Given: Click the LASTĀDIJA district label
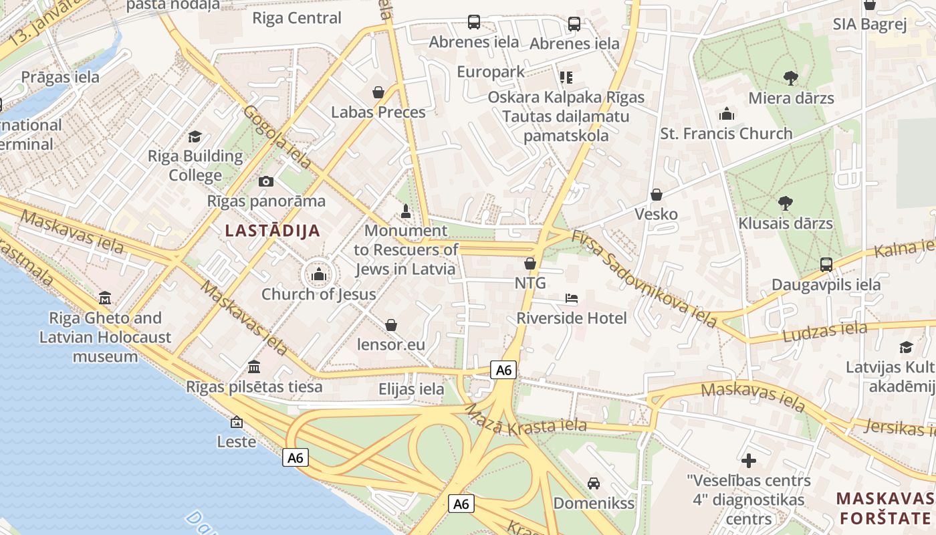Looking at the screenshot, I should [x=272, y=231].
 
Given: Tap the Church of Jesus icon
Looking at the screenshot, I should [x=319, y=274].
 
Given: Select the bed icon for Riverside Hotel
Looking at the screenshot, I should [x=571, y=298].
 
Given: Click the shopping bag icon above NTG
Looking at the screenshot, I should [x=530, y=263].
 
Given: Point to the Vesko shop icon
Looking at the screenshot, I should [x=657, y=195].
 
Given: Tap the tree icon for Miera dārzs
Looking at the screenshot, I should [x=791, y=78].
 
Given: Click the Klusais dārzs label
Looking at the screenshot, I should [x=786, y=223].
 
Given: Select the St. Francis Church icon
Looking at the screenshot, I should [x=727, y=114].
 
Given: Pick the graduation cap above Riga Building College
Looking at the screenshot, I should [x=195, y=136].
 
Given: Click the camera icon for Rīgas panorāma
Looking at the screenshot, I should [x=266, y=181].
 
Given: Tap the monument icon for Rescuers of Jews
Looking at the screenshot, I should [x=405, y=211].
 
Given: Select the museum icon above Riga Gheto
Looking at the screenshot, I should [x=105, y=298].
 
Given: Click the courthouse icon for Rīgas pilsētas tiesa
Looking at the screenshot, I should [x=254, y=366].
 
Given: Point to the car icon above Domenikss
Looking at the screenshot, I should [x=593, y=483].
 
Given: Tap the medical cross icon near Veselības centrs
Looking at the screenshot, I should [x=749, y=461].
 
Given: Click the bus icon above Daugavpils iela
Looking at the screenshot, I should [x=826, y=264].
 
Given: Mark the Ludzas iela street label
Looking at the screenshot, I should [x=825, y=331].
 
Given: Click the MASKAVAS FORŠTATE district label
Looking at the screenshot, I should [x=885, y=508].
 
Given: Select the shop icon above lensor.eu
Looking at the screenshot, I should [x=391, y=325].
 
